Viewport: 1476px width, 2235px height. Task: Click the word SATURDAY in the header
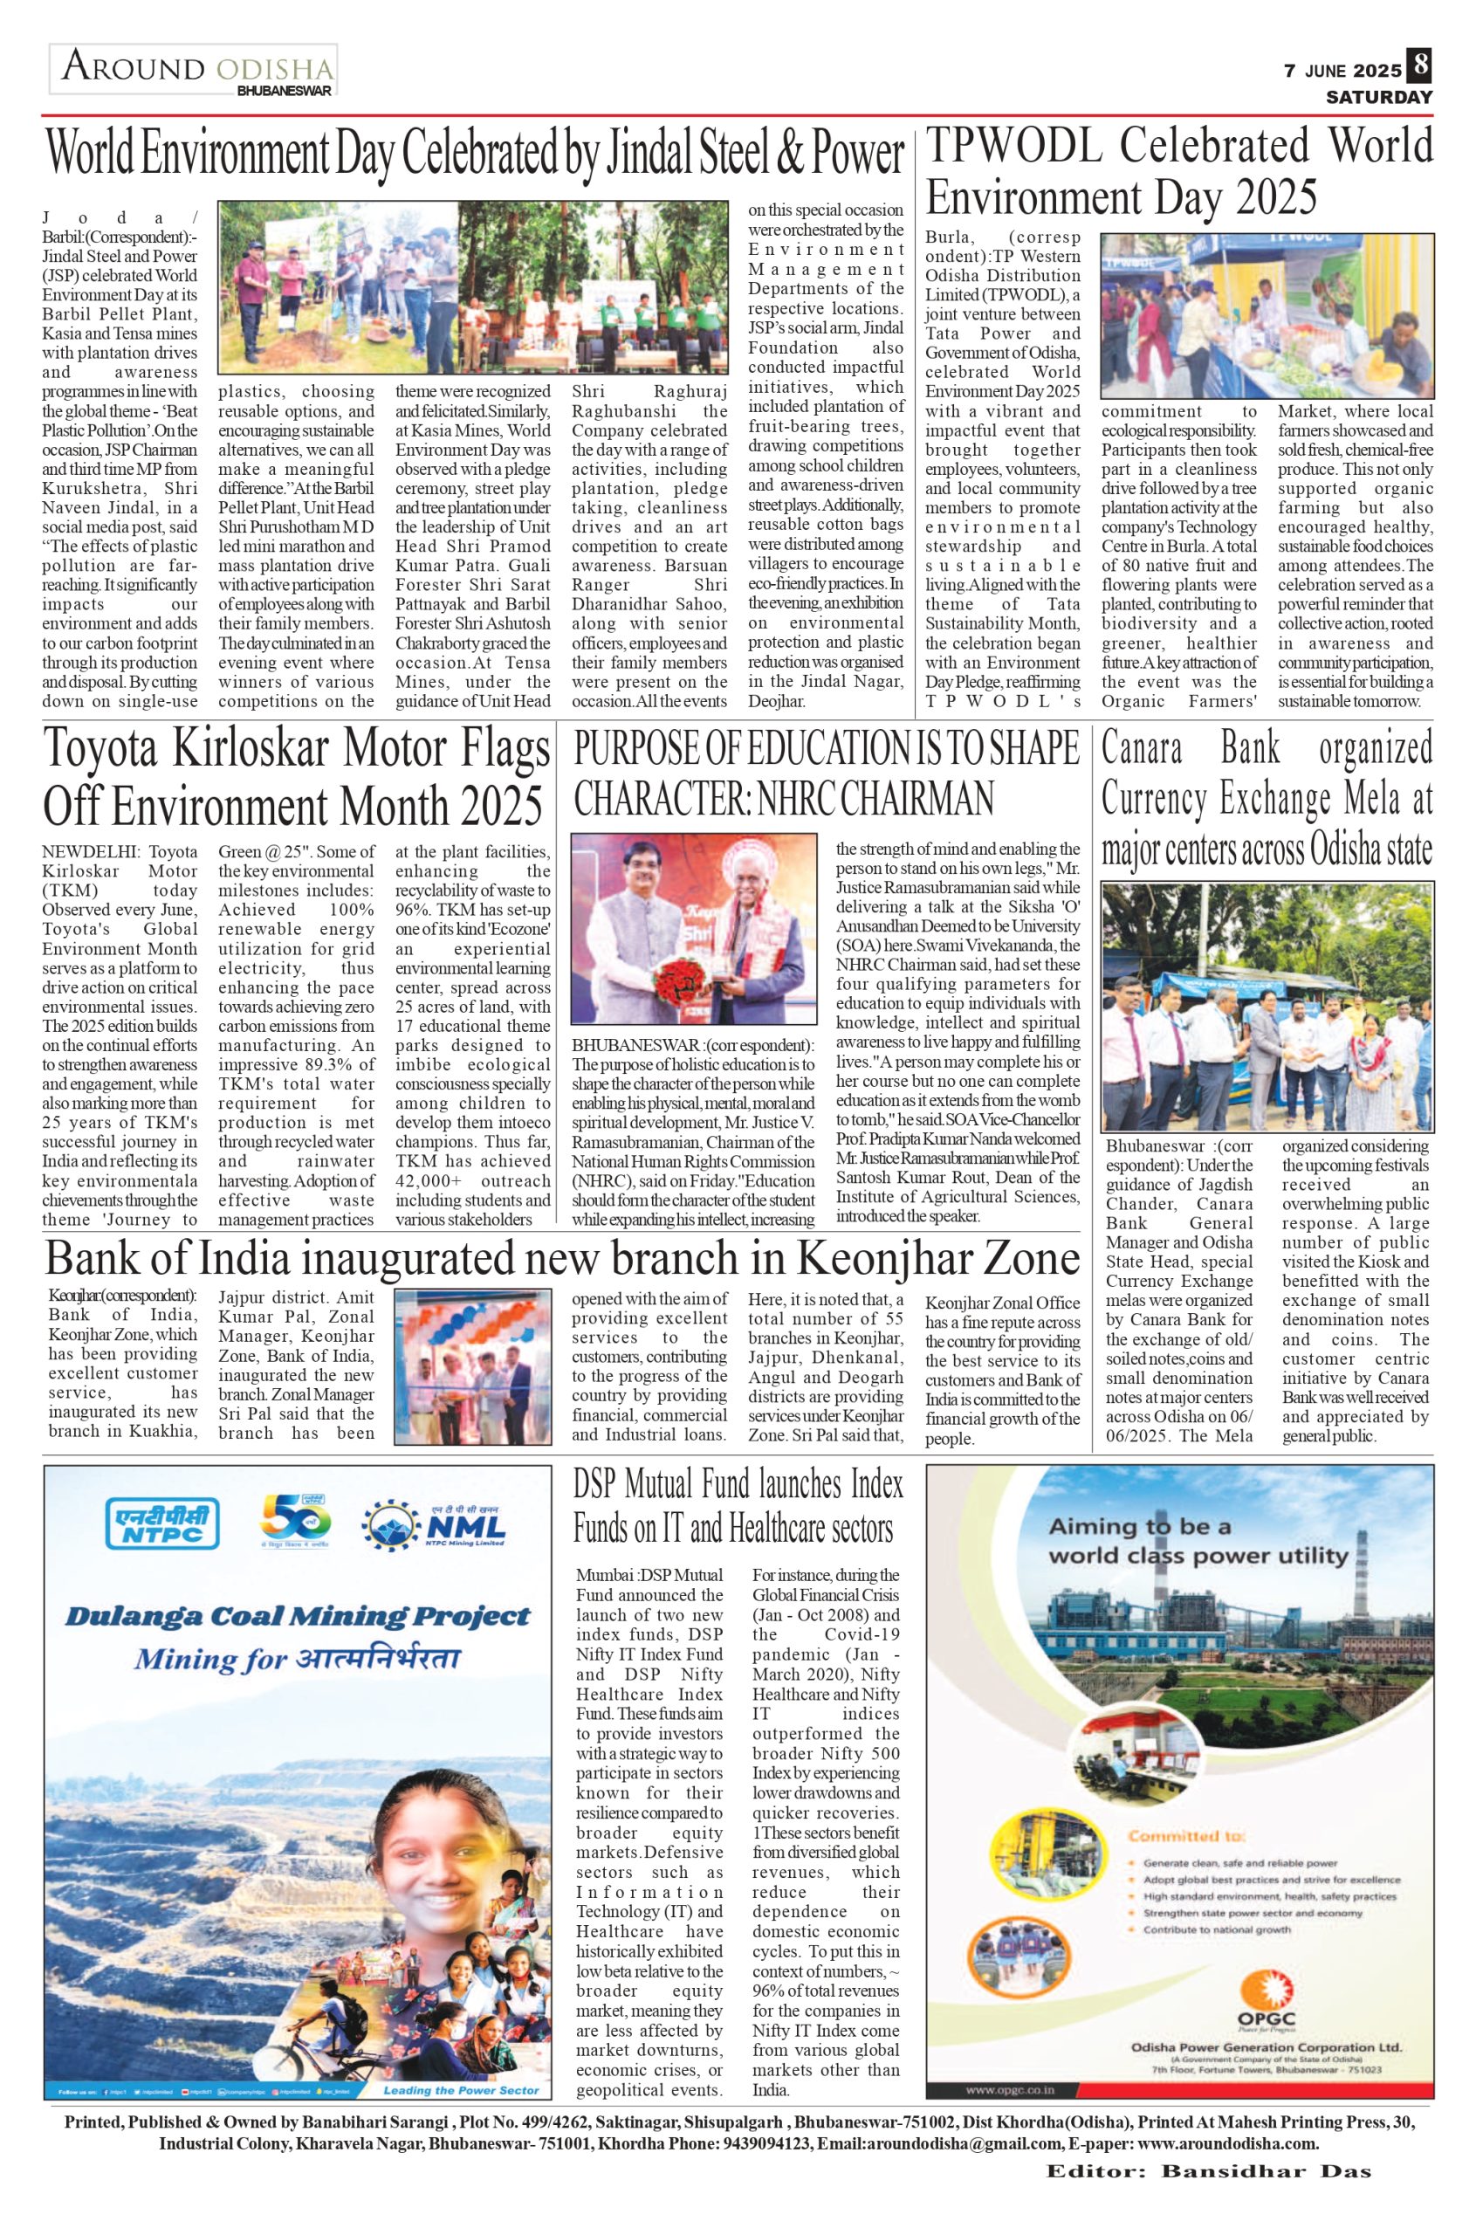pos(1380,98)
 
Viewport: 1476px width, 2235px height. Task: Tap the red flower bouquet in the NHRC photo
pos(674,1005)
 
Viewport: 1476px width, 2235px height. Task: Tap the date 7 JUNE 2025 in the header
pos(1342,72)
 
